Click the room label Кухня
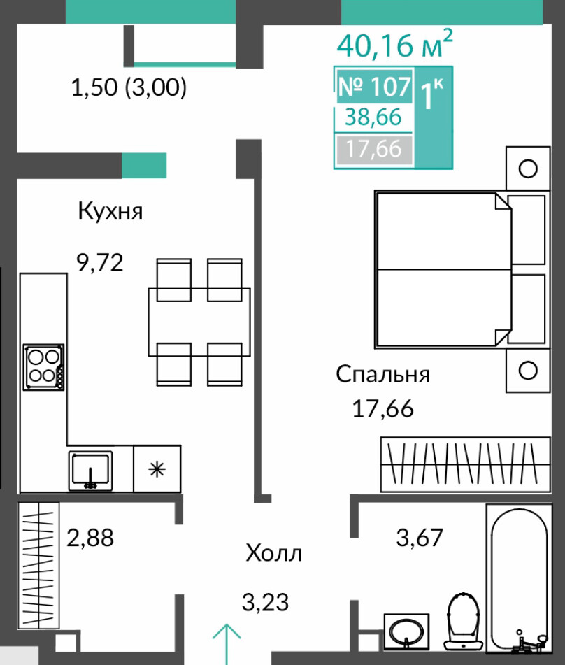(110, 210)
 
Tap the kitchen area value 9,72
(100, 262)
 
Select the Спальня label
(382, 375)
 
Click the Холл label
(273, 553)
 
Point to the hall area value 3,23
(265, 602)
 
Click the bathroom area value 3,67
(420, 537)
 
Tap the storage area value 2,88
(90, 538)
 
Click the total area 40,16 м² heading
(394, 44)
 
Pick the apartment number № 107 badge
(374, 86)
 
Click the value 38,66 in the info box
(373, 117)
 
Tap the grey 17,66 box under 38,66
(373, 149)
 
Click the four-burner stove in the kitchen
(43, 367)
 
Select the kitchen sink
(90, 471)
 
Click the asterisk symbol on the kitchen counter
(157, 469)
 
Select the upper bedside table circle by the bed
(528, 169)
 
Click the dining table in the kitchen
(199, 322)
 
